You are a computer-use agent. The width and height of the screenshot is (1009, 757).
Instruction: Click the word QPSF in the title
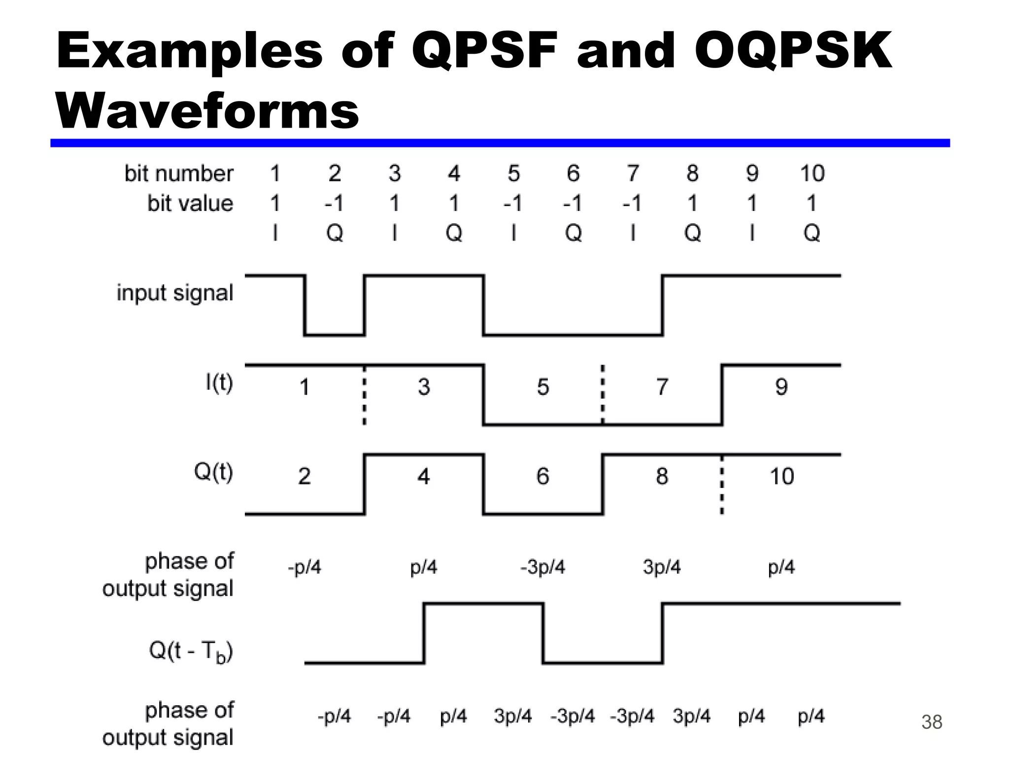(484, 51)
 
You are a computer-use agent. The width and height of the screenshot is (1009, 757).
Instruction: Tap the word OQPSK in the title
(793, 51)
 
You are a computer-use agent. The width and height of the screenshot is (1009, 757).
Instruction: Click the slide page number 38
(931, 722)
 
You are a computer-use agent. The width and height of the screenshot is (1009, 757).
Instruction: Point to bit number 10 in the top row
(811, 173)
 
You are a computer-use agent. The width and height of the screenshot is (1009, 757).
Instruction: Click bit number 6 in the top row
(573, 173)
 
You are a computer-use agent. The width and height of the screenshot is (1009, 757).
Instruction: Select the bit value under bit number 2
(334, 203)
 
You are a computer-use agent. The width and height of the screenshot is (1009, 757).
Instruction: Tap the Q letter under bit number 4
(454, 233)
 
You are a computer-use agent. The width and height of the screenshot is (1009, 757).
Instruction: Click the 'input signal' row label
(174, 293)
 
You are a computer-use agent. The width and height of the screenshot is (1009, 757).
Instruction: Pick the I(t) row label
(219, 383)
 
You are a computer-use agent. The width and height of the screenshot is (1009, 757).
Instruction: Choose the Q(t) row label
(213, 472)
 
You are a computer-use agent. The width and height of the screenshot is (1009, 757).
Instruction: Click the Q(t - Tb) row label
(191, 652)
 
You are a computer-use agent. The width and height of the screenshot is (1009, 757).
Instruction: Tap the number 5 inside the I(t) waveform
(543, 387)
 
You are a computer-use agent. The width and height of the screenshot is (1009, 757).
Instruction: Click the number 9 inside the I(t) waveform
(781, 387)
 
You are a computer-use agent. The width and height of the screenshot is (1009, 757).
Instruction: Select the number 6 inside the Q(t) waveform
(543, 476)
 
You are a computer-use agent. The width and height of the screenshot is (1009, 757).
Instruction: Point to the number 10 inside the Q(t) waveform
(781, 476)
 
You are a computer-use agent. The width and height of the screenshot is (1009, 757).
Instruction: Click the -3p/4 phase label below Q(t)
(542, 567)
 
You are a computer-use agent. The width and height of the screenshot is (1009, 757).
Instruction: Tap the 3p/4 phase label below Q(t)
(662, 567)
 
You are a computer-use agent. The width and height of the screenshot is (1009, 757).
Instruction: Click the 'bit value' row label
(190, 203)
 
